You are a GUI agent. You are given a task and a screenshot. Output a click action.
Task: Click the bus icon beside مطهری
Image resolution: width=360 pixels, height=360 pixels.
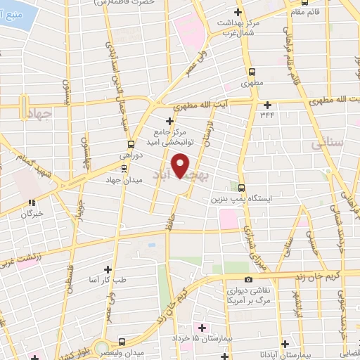tap(252, 71)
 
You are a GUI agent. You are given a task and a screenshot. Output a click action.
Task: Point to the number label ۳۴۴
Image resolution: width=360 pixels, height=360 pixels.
tap(267, 115)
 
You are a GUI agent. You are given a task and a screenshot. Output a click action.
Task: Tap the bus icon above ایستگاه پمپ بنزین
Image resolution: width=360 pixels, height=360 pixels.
tap(241, 188)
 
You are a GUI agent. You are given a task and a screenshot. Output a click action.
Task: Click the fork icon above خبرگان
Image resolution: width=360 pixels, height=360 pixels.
tap(32, 202)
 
